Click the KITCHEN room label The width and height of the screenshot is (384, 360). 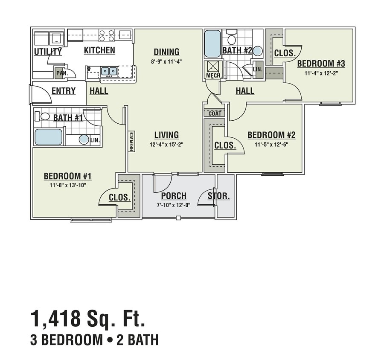(x=99, y=50)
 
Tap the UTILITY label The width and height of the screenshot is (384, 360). (x=48, y=52)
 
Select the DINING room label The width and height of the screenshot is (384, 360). (x=166, y=52)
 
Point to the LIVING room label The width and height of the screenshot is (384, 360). (x=166, y=135)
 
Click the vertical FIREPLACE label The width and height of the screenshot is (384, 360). (x=132, y=141)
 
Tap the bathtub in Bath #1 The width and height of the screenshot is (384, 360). (x=49, y=137)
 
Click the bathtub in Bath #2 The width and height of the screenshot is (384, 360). (x=212, y=44)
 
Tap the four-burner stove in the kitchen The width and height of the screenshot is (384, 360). (x=106, y=35)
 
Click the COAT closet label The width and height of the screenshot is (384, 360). (x=215, y=113)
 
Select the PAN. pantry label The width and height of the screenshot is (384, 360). (x=60, y=73)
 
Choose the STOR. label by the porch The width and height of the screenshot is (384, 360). (x=218, y=196)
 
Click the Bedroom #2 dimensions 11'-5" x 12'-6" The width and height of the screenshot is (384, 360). (x=272, y=145)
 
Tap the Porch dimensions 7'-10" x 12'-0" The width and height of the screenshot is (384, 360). (x=174, y=205)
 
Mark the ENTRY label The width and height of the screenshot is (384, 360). (x=64, y=91)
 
